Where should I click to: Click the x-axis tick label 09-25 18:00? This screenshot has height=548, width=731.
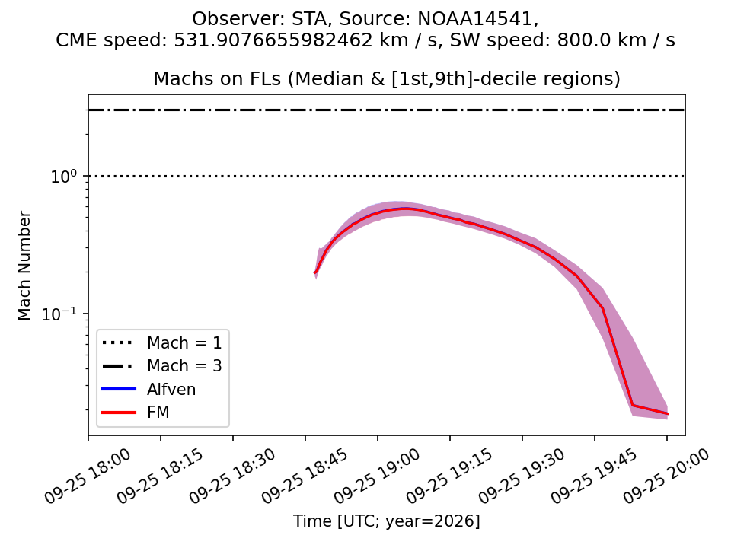pyautogui.click(x=88, y=476)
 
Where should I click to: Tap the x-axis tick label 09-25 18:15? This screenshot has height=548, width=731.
pyautogui.click(x=160, y=476)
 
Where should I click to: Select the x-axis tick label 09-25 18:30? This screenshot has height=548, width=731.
pyautogui.click(x=232, y=476)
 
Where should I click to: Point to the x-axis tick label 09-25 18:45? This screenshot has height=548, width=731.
pyautogui.click(x=305, y=476)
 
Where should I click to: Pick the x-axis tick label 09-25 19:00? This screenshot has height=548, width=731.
pyautogui.click(x=377, y=476)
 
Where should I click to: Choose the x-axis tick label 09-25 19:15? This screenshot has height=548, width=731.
pyautogui.click(x=449, y=476)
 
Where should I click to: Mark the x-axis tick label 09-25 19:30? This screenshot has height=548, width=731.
pyautogui.click(x=522, y=476)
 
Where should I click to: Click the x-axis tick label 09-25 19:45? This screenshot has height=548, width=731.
pyautogui.click(x=594, y=476)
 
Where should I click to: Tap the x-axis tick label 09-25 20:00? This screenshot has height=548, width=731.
pyautogui.click(x=666, y=476)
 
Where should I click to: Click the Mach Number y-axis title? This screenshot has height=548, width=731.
pyautogui.click(x=24, y=266)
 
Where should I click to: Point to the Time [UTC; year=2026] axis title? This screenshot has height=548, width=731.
pyautogui.click(x=387, y=521)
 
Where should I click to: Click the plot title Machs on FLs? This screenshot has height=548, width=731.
pyautogui.click(x=217, y=78)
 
